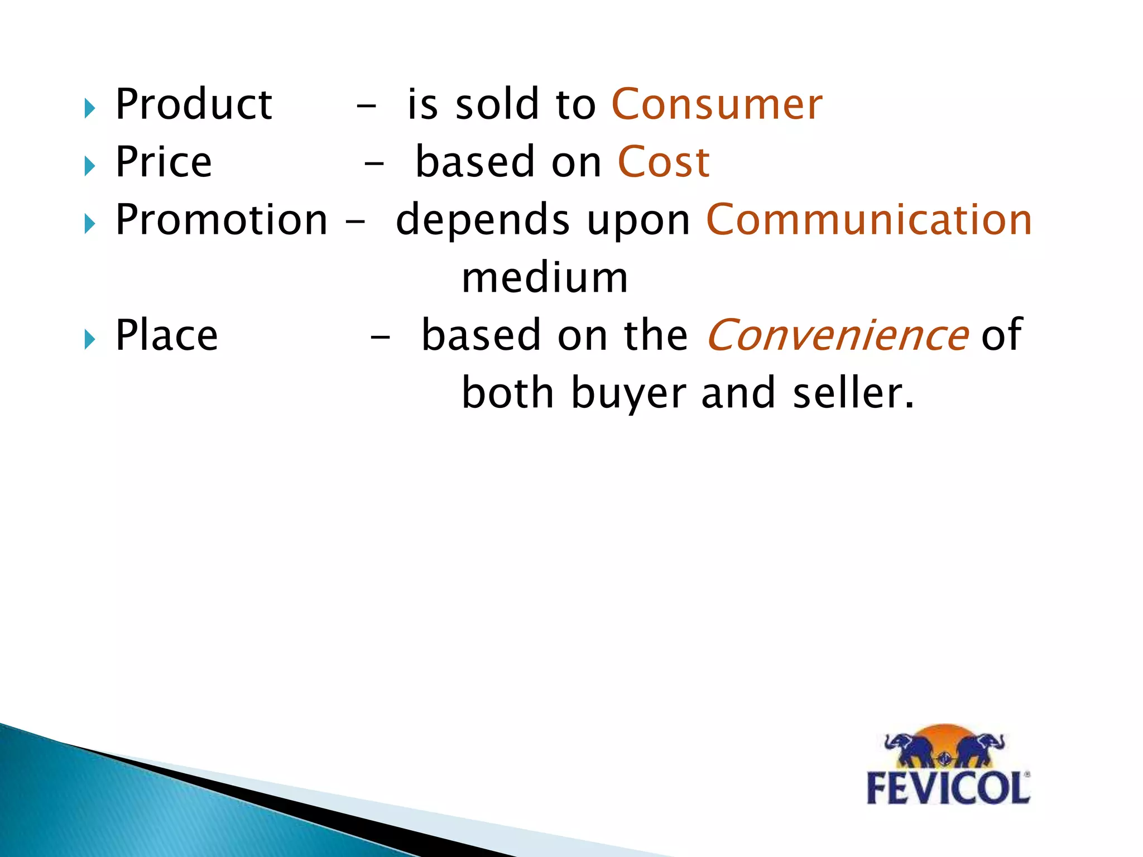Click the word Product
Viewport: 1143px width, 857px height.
194,104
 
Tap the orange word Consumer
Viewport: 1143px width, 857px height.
717,104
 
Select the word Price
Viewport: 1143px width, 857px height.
164,162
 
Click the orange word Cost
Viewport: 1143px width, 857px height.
664,162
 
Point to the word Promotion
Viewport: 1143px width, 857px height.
222,220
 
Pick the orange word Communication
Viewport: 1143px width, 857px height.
869,220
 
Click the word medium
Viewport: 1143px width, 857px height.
545,278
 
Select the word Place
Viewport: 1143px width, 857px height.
166,335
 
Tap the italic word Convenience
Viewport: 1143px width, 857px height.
837,335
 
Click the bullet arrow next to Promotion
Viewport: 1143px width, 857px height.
90,224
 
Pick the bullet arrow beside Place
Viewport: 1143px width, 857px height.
90,339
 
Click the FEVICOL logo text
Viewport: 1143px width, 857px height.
948,788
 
